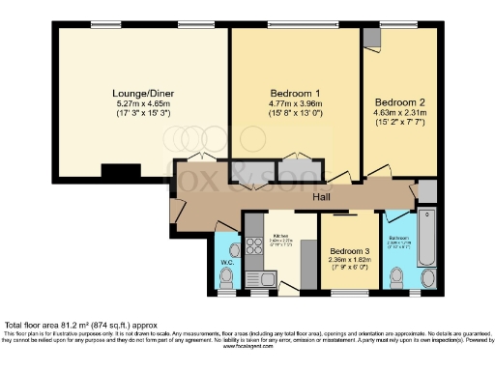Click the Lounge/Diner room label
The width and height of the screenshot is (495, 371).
[x=141, y=94]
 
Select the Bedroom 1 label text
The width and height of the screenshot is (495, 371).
[x=295, y=94]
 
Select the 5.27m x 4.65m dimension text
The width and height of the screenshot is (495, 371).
[x=141, y=104]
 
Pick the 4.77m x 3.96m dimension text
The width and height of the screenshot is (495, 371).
[x=295, y=104]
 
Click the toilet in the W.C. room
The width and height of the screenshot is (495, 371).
[x=226, y=278]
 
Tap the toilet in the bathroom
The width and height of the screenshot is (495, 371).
[x=394, y=277]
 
